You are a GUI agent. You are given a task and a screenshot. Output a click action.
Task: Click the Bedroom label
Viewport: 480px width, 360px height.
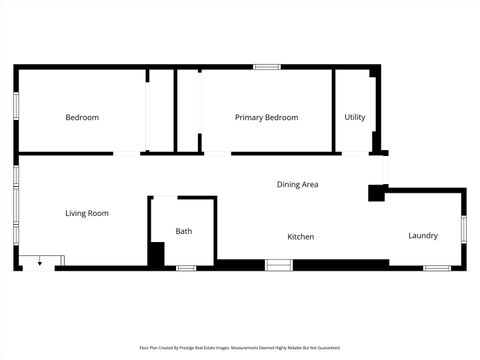click(82, 118)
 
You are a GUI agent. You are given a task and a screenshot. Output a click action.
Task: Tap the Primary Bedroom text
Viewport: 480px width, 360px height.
click(266, 118)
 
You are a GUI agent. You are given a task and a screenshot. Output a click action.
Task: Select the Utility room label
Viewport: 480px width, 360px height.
click(355, 118)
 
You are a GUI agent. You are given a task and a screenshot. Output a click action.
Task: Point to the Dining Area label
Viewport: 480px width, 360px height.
click(297, 184)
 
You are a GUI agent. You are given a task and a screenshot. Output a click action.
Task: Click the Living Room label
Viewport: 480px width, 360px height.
click(87, 213)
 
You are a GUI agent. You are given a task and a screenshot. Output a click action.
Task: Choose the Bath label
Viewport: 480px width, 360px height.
click(184, 231)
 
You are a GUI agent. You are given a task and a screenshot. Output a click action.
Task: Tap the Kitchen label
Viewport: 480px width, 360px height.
click(301, 237)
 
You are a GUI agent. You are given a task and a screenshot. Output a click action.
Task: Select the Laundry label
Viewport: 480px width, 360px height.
click(423, 236)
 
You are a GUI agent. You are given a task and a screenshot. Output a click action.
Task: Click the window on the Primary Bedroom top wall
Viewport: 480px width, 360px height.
click(266, 67)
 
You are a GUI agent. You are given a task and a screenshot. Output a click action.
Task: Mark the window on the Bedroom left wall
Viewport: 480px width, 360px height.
click(15, 107)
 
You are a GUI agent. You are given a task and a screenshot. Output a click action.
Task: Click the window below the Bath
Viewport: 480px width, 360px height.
click(186, 268)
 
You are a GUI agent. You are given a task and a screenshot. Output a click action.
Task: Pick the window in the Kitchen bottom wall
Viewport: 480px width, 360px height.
click(278, 264)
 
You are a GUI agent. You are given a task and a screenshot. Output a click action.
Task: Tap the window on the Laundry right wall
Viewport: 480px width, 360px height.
click(464, 228)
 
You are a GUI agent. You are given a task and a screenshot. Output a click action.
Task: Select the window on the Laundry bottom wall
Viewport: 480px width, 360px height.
click(436, 268)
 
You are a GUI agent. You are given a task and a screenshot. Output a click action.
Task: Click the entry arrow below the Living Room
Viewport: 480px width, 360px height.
click(39, 262)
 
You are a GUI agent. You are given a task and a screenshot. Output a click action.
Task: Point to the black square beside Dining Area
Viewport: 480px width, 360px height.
click(377, 193)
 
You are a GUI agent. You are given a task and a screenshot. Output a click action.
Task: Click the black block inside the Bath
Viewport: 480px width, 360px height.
click(156, 254)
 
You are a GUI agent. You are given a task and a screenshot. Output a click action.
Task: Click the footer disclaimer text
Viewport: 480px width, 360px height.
click(239, 348)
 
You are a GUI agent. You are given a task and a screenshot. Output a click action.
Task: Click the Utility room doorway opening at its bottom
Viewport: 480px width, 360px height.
click(355, 153)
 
